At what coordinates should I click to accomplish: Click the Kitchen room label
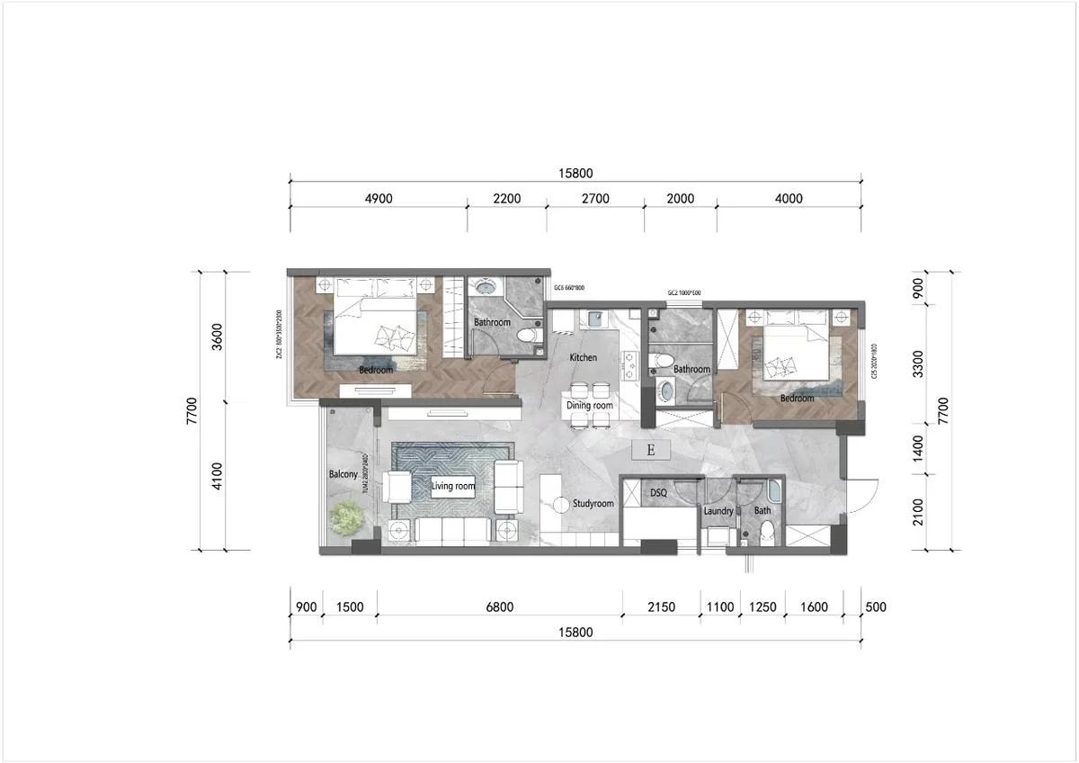click(583, 358)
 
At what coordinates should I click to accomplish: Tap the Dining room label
click(590, 406)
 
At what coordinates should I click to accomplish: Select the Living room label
click(452, 487)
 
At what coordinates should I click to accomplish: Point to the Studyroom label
click(593, 504)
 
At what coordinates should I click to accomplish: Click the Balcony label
click(343, 474)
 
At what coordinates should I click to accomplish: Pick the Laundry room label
click(718, 511)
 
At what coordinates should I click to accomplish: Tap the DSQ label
click(658, 493)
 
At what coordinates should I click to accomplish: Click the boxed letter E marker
click(651, 450)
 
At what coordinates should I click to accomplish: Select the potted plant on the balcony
click(347, 518)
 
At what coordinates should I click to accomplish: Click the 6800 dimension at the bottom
click(499, 607)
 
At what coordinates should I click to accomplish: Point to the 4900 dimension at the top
click(378, 199)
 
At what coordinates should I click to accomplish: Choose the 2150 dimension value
click(661, 607)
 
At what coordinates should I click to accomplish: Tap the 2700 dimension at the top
click(595, 199)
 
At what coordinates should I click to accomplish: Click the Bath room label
click(762, 511)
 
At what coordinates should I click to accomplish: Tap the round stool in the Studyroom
click(560, 504)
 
